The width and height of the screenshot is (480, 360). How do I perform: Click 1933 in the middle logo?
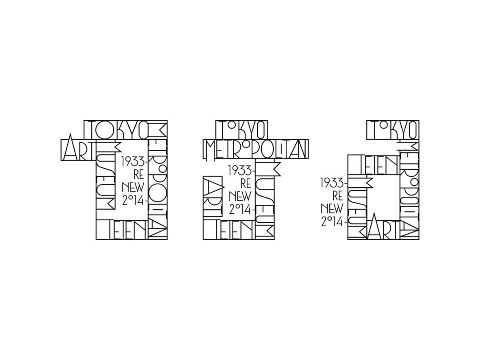tap(240, 171)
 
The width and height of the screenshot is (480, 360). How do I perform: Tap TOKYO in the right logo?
tap(392, 129)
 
